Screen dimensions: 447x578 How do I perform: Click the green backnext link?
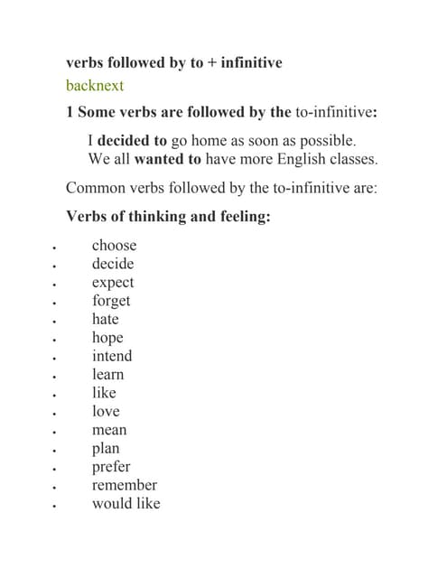95,86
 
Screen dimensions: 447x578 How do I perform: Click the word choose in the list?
114,246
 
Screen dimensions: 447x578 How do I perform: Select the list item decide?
112,264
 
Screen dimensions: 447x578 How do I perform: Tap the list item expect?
112,283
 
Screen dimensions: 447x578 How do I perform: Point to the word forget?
110,301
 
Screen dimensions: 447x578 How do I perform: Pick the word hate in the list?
105,319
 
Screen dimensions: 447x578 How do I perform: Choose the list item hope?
107,338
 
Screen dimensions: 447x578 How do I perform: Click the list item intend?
111,356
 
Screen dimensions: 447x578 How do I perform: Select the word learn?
107,374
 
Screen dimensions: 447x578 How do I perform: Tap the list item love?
105,411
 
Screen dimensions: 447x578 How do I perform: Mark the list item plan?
105,448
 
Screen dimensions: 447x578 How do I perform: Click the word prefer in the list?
110,467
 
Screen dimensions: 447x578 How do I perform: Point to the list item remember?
124,485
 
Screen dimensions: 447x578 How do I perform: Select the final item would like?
126,503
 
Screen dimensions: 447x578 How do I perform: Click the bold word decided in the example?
132,141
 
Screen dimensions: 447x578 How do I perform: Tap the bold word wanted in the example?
167,159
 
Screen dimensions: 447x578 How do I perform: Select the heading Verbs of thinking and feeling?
168,217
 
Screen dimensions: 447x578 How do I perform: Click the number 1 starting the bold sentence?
70,113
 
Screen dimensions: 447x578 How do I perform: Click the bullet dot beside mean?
55,432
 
